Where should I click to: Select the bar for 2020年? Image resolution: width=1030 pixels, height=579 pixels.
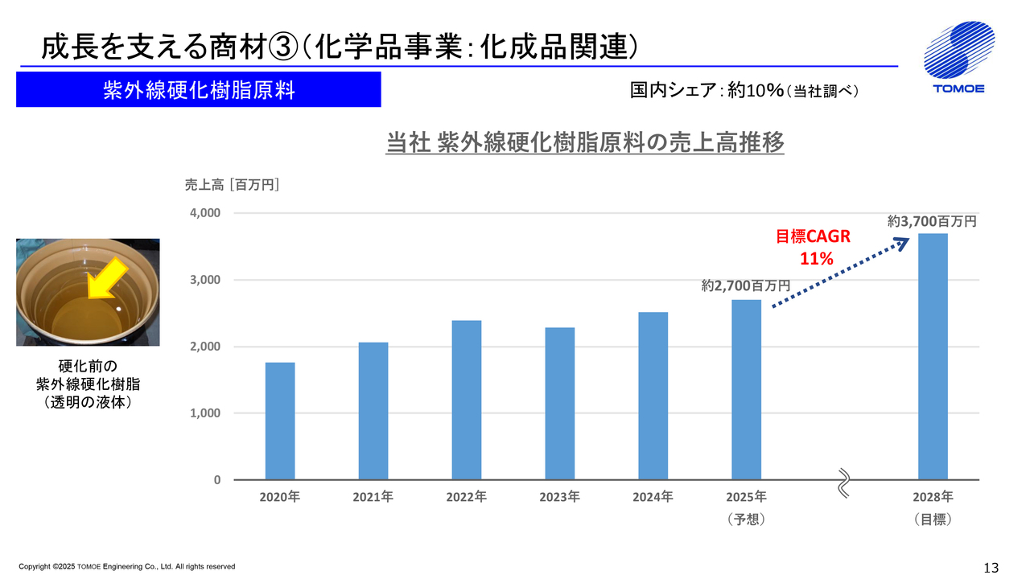280,421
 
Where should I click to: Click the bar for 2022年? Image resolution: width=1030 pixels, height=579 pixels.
467,400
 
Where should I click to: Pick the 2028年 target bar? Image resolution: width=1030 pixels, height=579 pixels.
933,356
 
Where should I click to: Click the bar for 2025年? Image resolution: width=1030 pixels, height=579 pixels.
746,389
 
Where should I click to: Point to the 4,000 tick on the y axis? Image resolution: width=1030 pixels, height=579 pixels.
204,213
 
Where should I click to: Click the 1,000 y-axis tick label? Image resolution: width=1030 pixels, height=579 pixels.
204,413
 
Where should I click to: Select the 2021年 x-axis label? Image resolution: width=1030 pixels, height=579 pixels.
373,497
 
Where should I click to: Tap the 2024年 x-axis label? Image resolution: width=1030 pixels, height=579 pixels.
653,497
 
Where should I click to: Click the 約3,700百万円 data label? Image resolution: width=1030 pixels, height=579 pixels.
932,220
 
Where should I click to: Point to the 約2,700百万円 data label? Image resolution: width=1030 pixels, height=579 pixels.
745,285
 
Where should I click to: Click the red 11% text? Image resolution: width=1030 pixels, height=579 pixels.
815,259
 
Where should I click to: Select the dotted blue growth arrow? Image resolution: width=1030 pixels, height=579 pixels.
837,276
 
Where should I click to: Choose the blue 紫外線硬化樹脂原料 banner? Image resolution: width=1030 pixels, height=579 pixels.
198,90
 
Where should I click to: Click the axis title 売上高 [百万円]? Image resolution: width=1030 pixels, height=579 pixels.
232,186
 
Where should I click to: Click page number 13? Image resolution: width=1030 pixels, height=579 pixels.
991,568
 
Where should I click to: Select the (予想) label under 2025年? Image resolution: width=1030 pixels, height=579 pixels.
746,519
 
